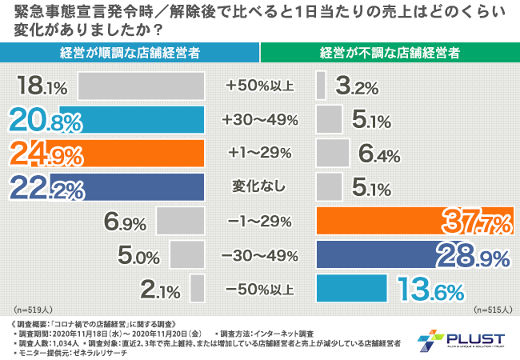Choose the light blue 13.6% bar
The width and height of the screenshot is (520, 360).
pyautogui.click(x=352, y=287)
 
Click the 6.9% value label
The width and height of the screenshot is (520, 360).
pyautogui.click(x=124, y=220)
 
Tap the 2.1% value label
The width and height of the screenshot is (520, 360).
pyautogui.click(x=160, y=287)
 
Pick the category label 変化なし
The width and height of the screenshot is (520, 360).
pyautogui.click(x=261, y=186)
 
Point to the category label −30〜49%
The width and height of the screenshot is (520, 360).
pyautogui.click(x=261, y=254)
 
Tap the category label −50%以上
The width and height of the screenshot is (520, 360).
pyautogui.click(x=261, y=287)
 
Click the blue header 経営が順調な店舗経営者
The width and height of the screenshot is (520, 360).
pyautogui.click(x=130, y=53)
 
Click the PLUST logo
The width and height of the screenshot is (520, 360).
pyautogui.click(x=464, y=339)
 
